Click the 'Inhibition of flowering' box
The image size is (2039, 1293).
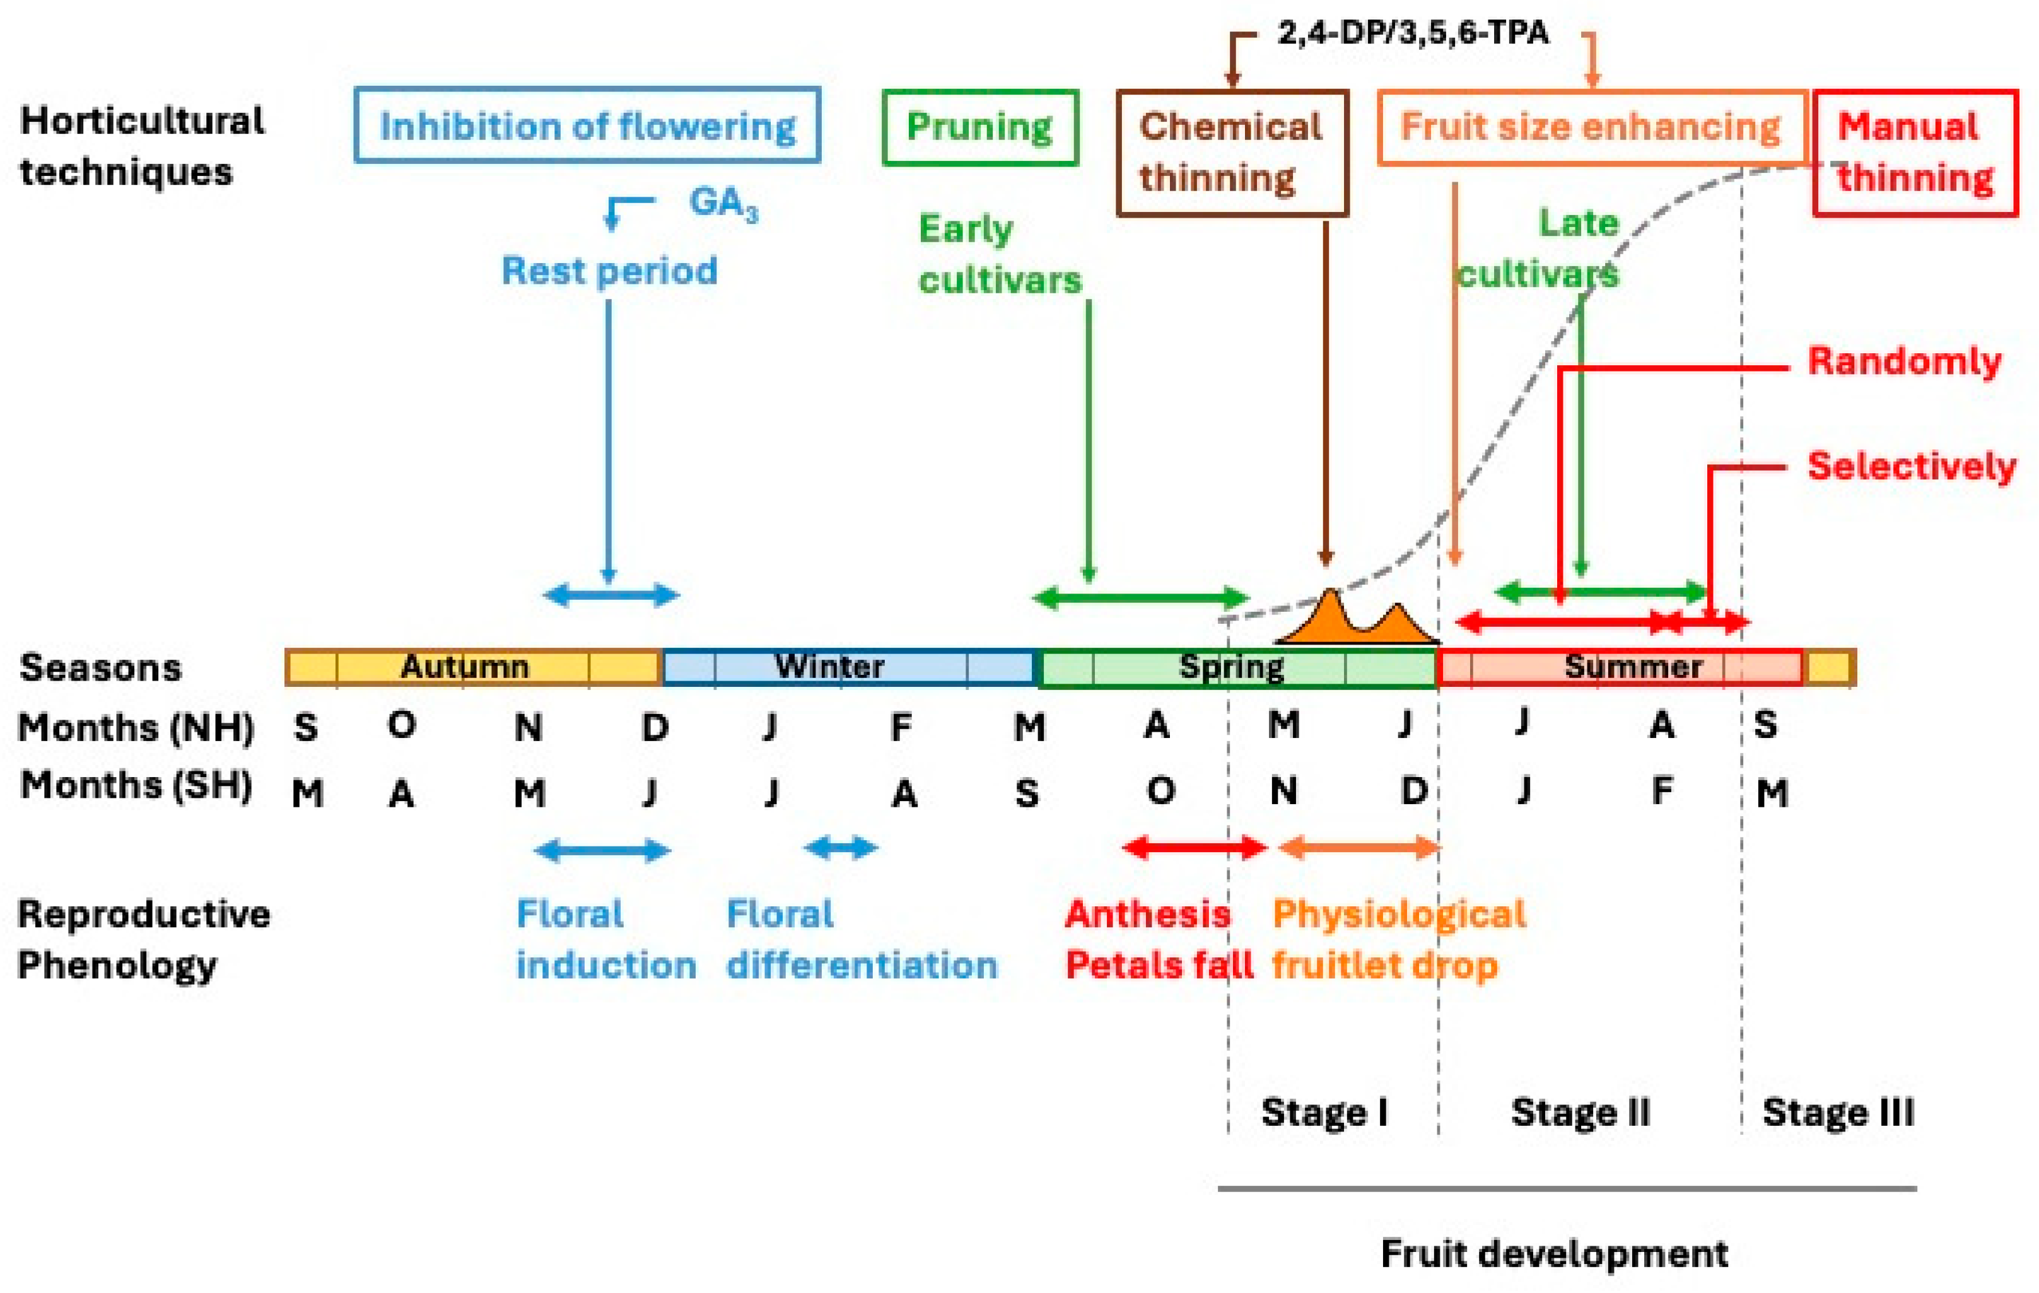(x=587, y=126)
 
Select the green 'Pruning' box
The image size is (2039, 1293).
(x=979, y=127)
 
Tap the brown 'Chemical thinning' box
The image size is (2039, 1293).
(x=1231, y=153)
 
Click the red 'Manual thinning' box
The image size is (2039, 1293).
(x=1915, y=153)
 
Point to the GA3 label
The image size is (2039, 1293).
(x=723, y=203)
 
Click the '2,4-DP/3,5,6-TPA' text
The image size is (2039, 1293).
(x=1412, y=32)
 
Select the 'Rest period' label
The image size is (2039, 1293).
(x=609, y=271)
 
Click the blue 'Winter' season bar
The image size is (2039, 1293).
(x=847, y=667)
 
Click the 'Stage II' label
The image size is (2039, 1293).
(x=1580, y=1112)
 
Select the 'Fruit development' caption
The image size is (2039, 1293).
(x=1554, y=1253)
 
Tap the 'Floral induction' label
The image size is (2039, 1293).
(x=605, y=939)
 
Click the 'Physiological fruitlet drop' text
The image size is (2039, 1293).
(x=1399, y=939)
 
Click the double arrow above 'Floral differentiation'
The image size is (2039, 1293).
(x=841, y=848)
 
